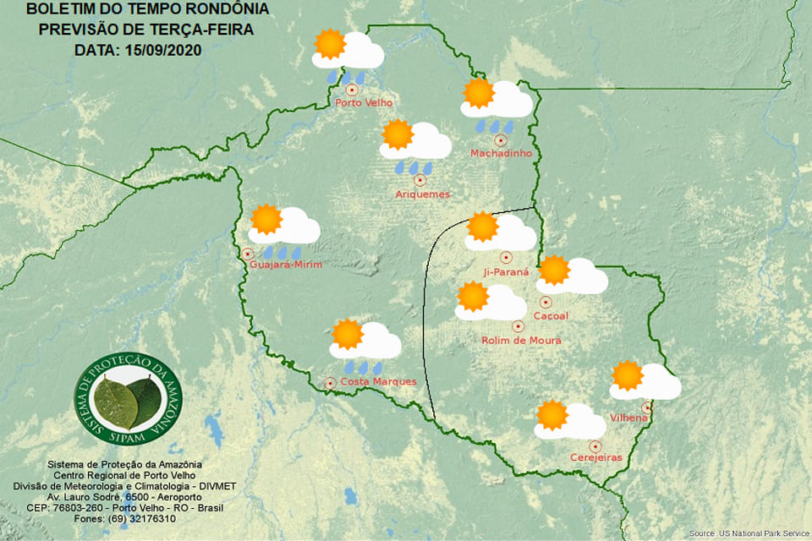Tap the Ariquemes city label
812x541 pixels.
(x=422, y=194)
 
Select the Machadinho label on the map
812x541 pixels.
(x=501, y=153)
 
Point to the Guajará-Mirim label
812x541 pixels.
(x=286, y=265)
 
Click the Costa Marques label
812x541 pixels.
(x=377, y=382)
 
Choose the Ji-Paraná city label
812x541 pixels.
(x=505, y=272)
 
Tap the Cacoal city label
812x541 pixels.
(x=551, y=316)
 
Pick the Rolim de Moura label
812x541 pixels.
(x=520, y=341)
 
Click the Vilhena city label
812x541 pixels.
(x=628, y=418)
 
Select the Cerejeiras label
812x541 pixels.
(x=595, y=458)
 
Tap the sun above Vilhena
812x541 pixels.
(x=627, y=375)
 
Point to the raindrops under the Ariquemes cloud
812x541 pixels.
(x=414, y=167)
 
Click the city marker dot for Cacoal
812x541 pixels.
(x=546, y=301)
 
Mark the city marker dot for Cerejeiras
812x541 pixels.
(x=595, y=445)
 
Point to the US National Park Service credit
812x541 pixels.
(x=748, y=534)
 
